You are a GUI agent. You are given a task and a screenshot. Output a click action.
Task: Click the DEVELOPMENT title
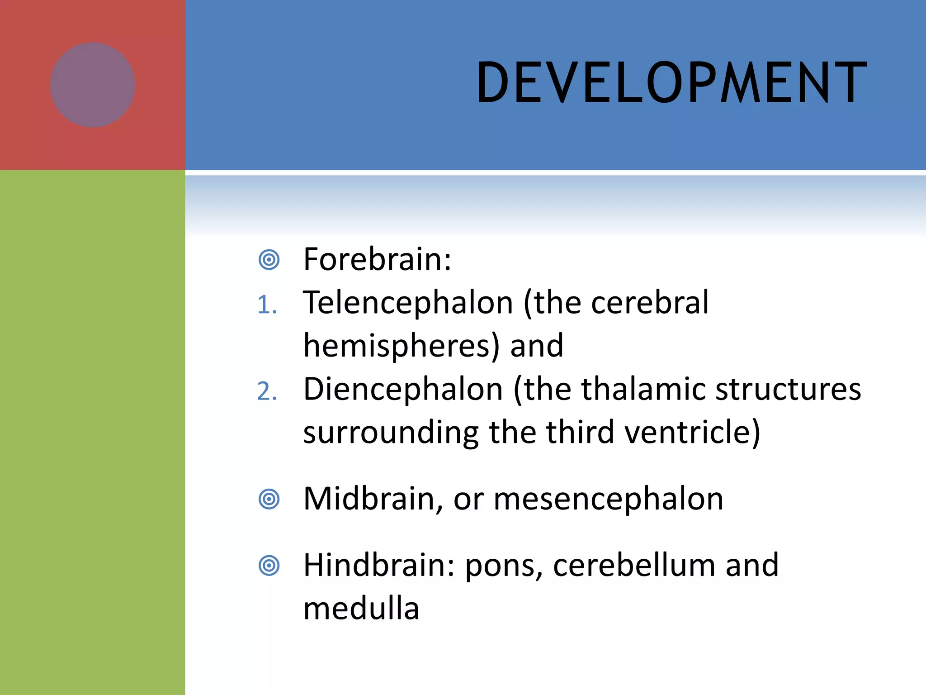click(x=671, y=83)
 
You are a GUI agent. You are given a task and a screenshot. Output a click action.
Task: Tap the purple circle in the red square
click(x=93, y=85)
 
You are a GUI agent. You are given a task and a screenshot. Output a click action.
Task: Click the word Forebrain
click(x=377, y=259)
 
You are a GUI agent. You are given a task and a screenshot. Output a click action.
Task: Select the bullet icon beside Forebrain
click(x=269, y=260)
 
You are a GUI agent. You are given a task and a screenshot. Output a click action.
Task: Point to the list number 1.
click(x=267, y=305)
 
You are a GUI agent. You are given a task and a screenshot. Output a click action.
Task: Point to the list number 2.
click(x=267, y=391)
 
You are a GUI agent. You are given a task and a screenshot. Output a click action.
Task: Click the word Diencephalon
click(x=403, y=389)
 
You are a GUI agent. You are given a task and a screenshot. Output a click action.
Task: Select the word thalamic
click(x=643, y=389)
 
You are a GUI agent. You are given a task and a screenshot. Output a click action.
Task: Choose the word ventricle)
click(x=692, y=432)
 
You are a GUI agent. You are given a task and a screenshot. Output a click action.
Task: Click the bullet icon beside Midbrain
click(x=269, y=500)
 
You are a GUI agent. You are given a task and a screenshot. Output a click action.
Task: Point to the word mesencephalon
click(x=608, y=499)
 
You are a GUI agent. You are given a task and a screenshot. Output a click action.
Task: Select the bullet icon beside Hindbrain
click(x=269, y=566)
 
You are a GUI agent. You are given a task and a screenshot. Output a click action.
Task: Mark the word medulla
click(x=361, y=608)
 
